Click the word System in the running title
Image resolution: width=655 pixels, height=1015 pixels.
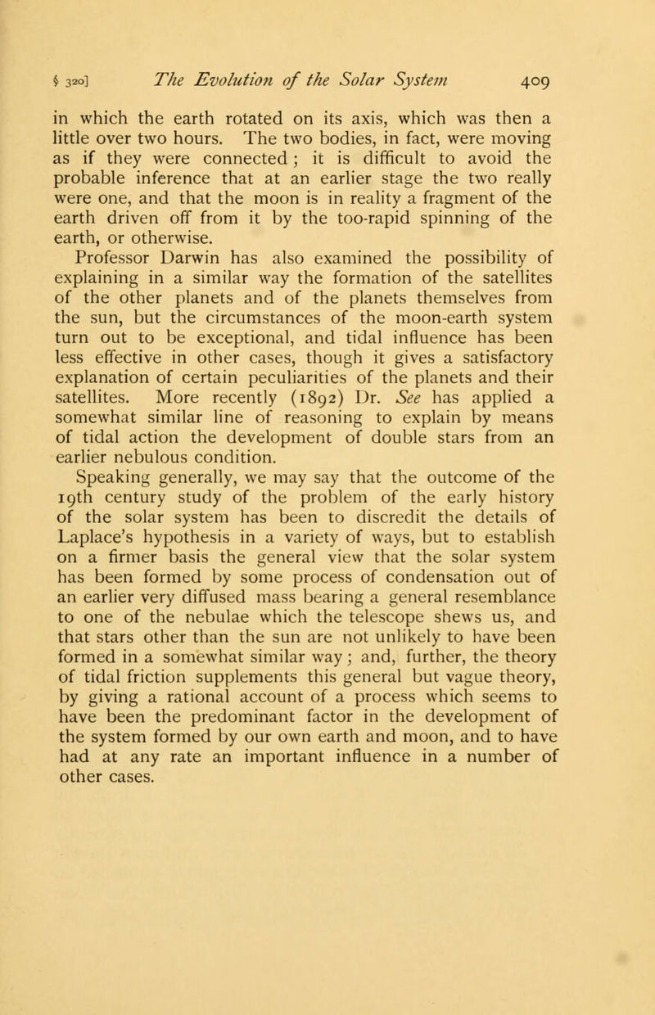(427, 80)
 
